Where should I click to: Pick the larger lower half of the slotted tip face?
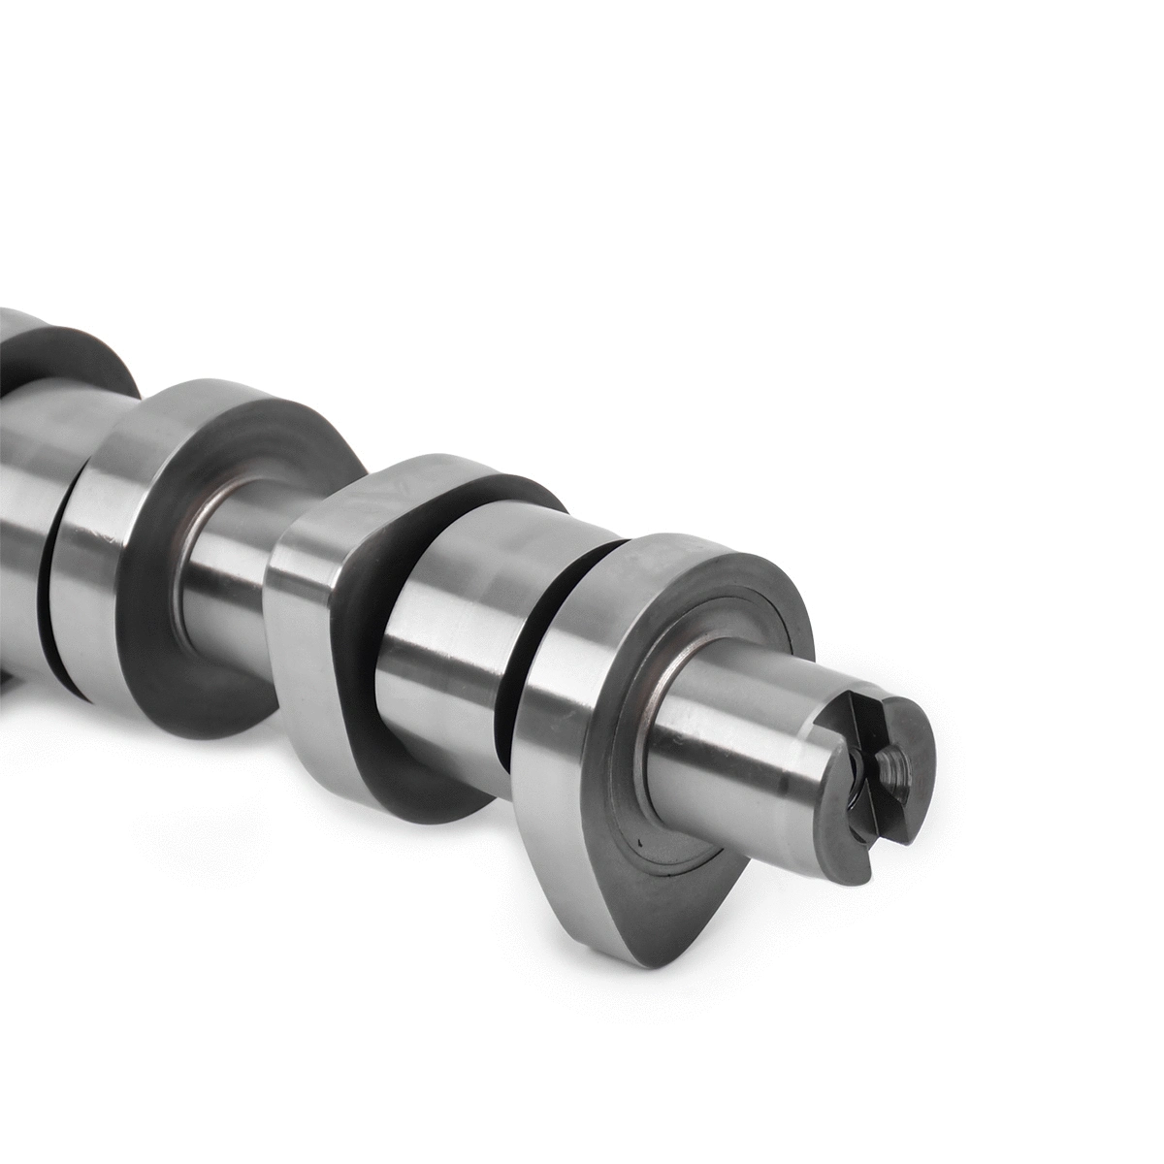[892, 815]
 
